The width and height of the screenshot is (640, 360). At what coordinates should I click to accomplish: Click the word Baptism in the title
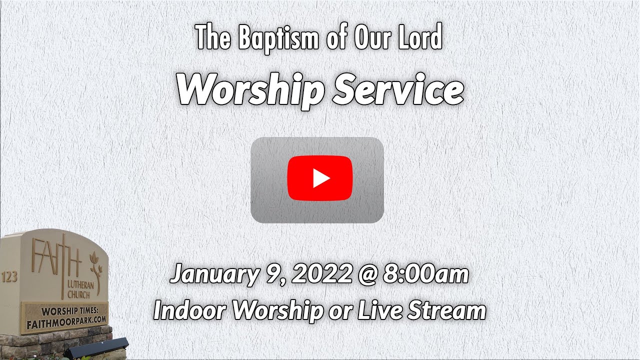tap(278, 38)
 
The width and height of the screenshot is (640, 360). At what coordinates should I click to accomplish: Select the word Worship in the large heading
tap(250, 90)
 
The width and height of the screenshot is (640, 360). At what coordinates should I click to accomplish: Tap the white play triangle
tap(320, 178)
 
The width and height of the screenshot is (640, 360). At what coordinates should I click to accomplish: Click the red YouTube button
tap(320, 178)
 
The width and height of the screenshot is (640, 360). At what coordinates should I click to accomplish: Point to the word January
tap(215, 274)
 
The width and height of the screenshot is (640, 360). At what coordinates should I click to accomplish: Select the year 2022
tap(321, 273)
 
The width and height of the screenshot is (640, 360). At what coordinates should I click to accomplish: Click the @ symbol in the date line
tap(367, 275)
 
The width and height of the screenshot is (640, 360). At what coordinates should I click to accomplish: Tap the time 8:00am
tap(426, 273)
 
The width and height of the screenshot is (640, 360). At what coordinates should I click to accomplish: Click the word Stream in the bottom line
tap(446, 310)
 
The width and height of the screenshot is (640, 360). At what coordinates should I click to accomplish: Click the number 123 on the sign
tap(9, 277)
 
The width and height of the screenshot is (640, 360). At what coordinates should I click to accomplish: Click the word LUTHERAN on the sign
tap(80, 285)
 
